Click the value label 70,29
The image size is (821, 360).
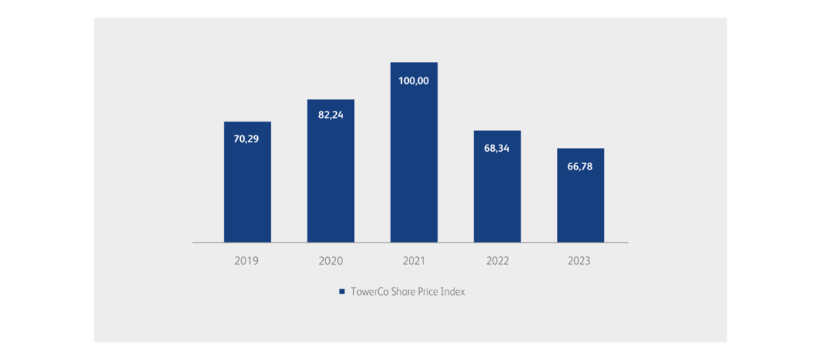(247, 139)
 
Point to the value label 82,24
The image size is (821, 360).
(331, 115)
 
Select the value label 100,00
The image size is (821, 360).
(414, 81)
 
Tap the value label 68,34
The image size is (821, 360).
(497, 147)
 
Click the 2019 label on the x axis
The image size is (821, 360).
(247, 261)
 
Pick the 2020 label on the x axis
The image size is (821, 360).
(331, 261)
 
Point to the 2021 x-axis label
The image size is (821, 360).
(414, 261)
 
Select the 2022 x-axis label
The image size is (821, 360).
(497, 261)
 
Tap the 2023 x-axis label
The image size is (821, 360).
(580, 261)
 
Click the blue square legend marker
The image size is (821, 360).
(341, 292)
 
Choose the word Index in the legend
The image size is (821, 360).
(452, 292)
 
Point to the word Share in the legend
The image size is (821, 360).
(403, 292)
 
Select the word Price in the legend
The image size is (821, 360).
(428, 292)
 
